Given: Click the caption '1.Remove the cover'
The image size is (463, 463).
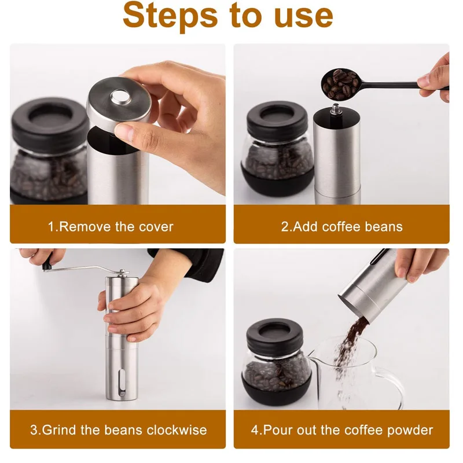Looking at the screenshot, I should click(x=111, y=226).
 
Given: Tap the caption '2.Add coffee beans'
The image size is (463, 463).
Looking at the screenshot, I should click(x=341, y=226).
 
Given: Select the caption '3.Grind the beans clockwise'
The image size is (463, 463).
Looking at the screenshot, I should click(x=118, y=430).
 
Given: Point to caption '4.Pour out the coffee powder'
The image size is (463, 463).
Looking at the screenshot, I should click(x=341, y=430).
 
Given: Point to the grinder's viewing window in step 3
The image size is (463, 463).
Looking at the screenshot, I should click(x=120, y=383).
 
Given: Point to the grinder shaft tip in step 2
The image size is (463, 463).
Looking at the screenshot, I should click(x=335, y=109).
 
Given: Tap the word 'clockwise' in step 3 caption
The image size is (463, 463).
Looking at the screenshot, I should click(x=177, y=430).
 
